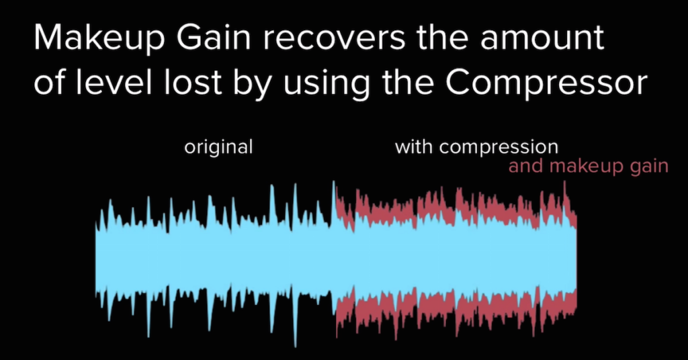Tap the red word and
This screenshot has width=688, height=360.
point(525,166)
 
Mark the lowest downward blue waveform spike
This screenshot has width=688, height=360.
point(295,339)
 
